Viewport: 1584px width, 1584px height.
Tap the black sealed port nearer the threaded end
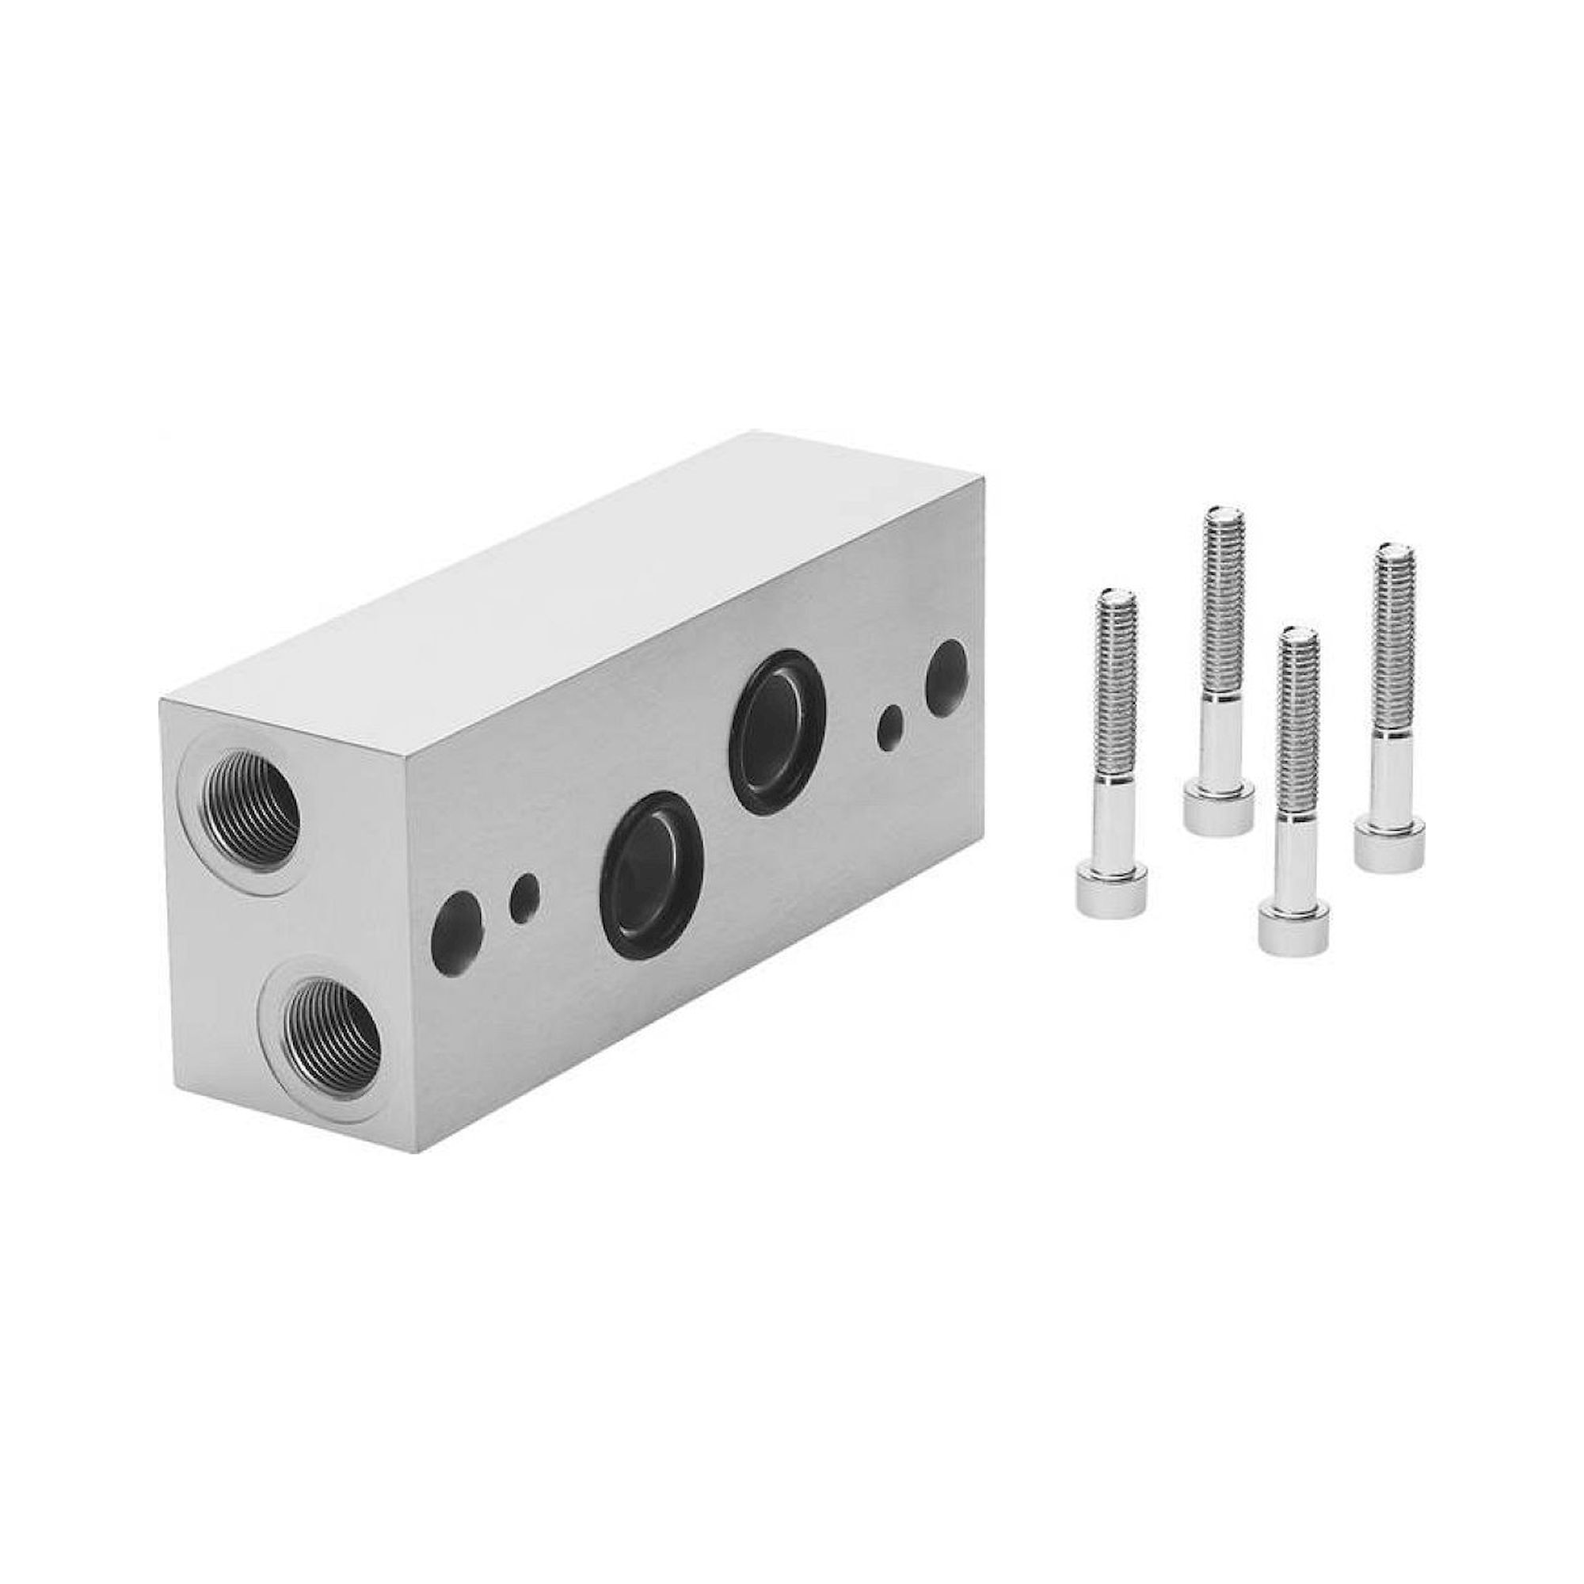click(x=653, y=866)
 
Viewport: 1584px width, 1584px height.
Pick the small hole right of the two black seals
click(x=890, y=728)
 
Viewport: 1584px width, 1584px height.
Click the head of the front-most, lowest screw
click(x=1293, y=928)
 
